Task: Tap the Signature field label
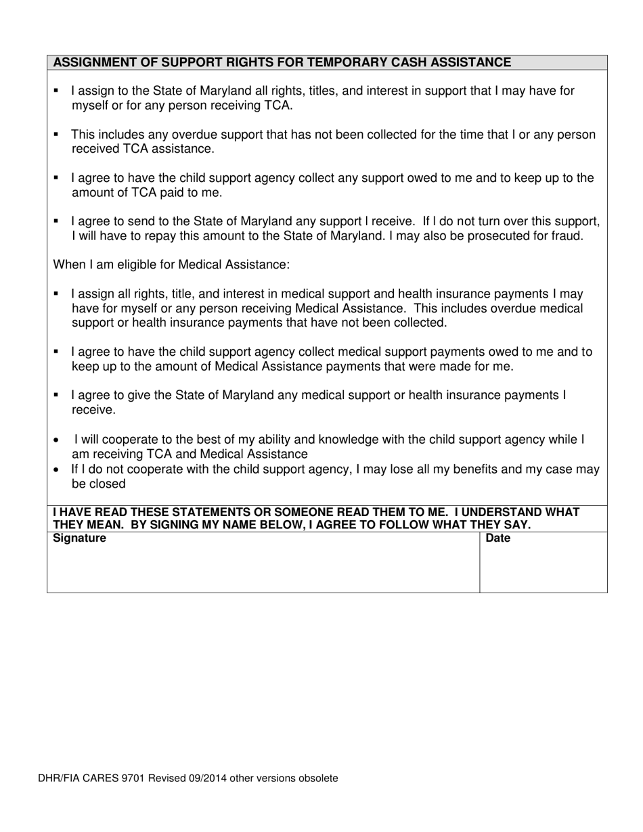[79, 538]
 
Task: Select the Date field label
[498, 538]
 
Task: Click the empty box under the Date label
[543, 568]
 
